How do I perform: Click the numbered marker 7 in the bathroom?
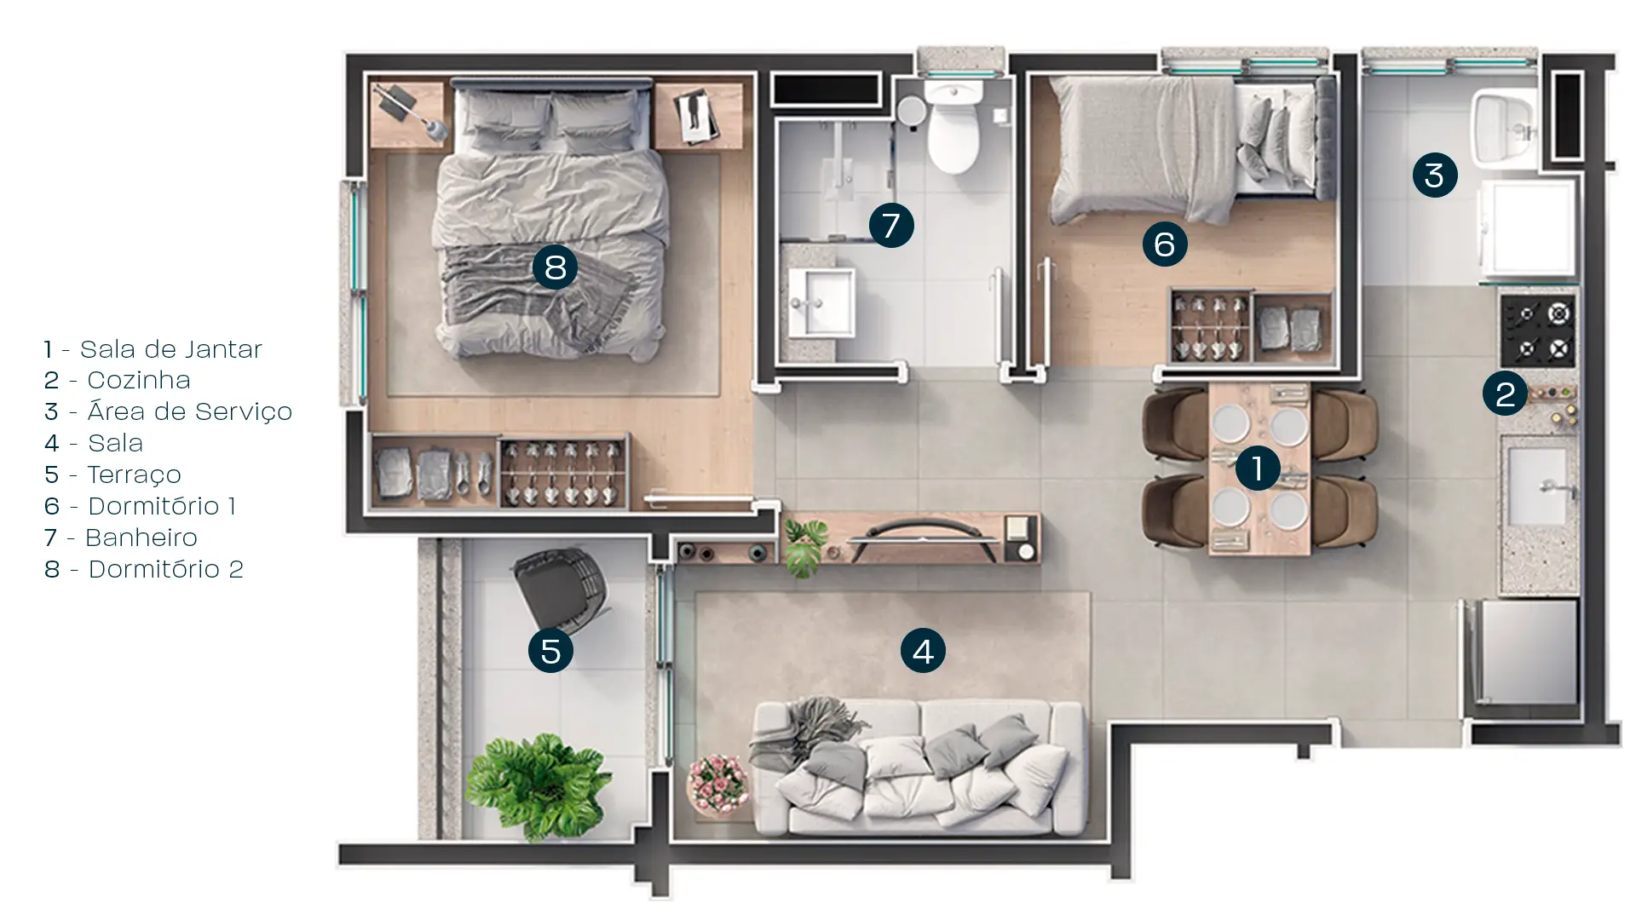(x=891, y=226)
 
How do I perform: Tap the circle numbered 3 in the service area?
(x=1435, y=175)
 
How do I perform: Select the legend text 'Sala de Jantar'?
(x=170, y=349)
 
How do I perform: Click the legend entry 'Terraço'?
(x=134, y=474)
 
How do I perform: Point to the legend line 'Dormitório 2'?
(x=166, y=569)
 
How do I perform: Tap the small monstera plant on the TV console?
(x=804, y=545)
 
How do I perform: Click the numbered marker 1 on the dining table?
(x=1257, y=468)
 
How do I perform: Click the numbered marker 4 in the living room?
(x=923, y=651)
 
